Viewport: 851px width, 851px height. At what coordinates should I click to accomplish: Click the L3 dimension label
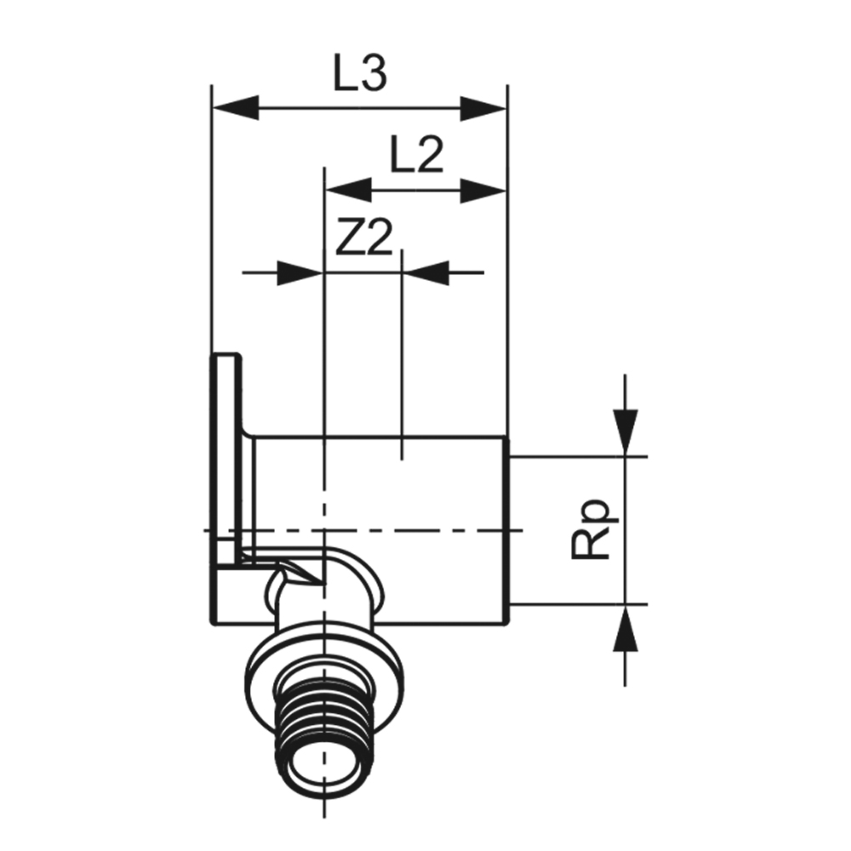pos(360,74)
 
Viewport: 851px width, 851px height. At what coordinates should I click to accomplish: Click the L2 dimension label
pos(417,155)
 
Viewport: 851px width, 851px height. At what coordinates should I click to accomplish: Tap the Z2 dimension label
pos(363,237)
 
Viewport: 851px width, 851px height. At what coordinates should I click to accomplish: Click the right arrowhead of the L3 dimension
pos(483,109)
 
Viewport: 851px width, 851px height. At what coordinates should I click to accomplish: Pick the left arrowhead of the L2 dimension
pos(347,191)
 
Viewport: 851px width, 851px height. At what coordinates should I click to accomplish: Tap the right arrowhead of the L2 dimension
pos(483,191)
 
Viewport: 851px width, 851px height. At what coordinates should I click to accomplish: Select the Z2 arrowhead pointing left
pos(426,272)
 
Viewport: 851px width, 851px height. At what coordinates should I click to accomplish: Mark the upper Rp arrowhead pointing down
pos(625,433)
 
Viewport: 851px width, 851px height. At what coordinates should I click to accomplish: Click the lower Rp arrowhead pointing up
pos(625,627)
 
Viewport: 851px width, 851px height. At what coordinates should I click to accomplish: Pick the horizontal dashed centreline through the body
pos(363,529)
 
